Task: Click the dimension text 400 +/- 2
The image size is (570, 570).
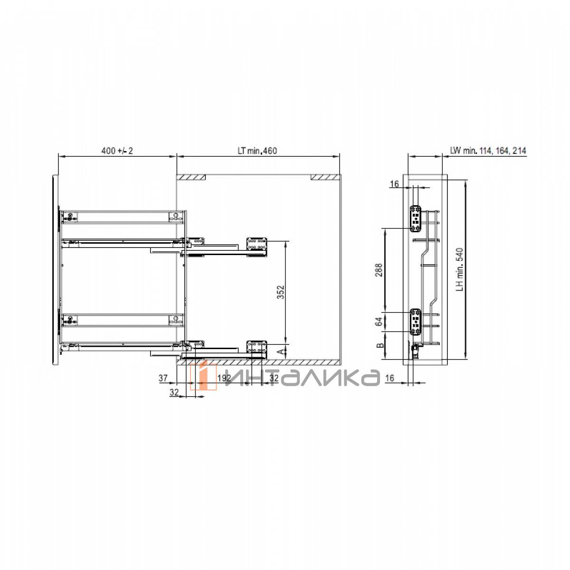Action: click(x=117, y=151)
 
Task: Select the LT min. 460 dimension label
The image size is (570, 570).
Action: click(x=257, y=151)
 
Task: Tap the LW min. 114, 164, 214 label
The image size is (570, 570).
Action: click(x=488, y=151)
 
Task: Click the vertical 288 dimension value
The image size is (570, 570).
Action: click(x=379, y=270)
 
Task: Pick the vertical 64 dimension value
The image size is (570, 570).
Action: click(x=379, y=322)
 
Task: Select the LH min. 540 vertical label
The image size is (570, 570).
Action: click(x=459, y=269)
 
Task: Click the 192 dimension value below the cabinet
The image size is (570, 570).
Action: click(x=224, y=378)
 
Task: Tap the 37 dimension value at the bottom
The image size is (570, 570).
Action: click(x=163, y=378)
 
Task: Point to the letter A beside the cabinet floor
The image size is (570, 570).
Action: click(x=281, y=351)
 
